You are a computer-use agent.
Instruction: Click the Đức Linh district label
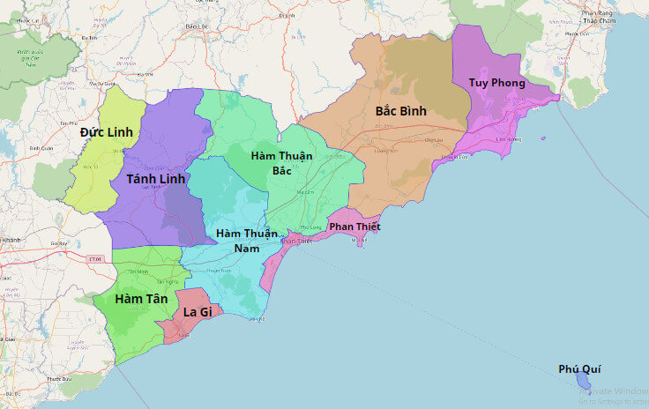pyautogui.click(x=106, y=132)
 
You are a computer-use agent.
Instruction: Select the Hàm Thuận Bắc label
pyautogui.click(x=280, y=162)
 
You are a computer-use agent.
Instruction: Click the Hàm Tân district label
pyautogui.click(x=140, y=301)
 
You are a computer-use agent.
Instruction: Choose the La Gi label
pyautogui.click(x=197, y=312)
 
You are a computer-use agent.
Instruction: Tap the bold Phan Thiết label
pyautogui.click(x=354, y=227)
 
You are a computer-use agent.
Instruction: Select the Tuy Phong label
pyautogui.click(x=496, y=83)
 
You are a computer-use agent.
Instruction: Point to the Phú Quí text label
pyautogui.click(x=579, y=369)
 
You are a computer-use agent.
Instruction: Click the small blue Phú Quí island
pyautogui.click(x=583, y=383)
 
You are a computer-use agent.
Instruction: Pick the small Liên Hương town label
pyautogui.click(x=510, y=139)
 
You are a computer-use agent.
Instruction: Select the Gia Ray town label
pyautogui.click(x=60, y=242)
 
